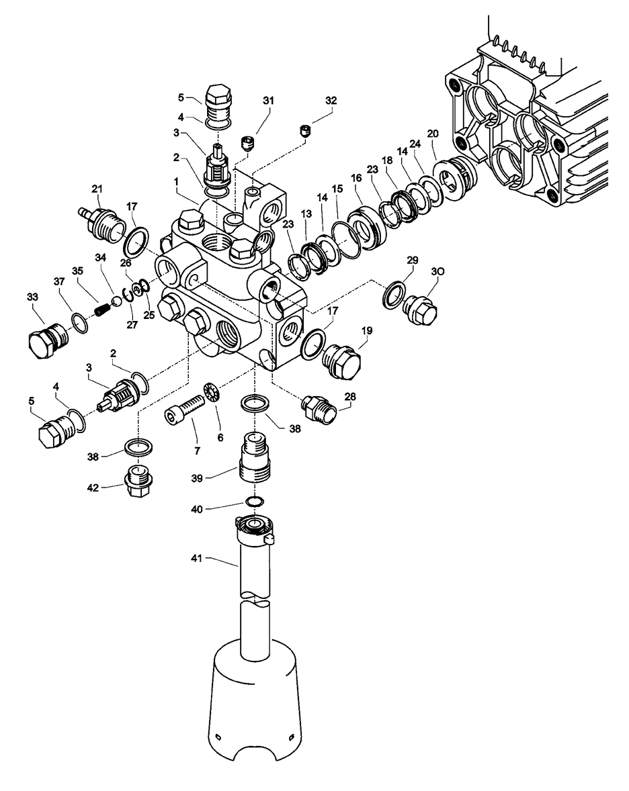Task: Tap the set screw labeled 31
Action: click(247, 142)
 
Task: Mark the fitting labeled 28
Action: click(316, 406)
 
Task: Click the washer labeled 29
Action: click(392, 293)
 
